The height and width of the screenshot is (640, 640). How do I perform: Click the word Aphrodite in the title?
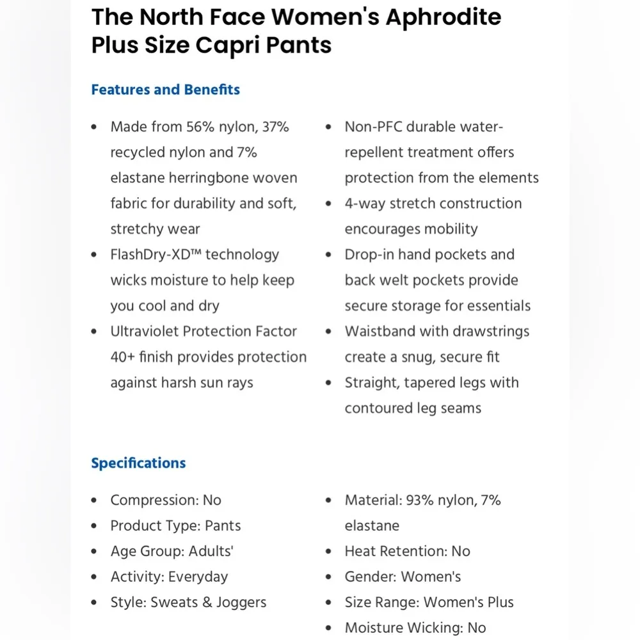click(x=443, y=17)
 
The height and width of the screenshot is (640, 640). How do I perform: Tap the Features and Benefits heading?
click(x=165, y=90)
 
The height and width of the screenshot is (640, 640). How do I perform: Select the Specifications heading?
click(x=138, y=463)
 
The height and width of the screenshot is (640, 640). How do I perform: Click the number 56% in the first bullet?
click(x=202, y=127)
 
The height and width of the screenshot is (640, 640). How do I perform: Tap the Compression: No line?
click(x=166, y=500)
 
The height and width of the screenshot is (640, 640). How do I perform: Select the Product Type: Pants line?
click(x=175, y=526)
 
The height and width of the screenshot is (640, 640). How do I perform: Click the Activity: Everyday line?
click(x=169, y=577)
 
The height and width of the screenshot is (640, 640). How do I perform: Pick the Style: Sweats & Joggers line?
click(x=188, y=603)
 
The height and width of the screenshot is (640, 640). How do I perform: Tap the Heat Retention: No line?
click(x=407, y=552)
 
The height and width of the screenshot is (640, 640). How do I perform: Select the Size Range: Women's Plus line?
click(x=429, y=603)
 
